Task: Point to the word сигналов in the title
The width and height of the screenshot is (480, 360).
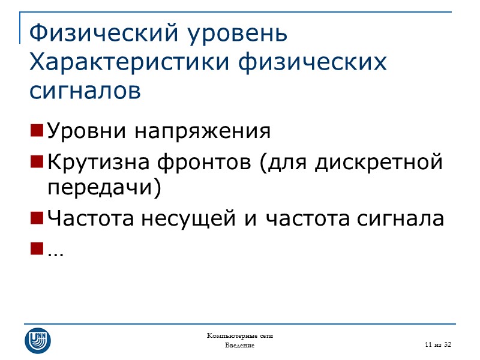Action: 85,91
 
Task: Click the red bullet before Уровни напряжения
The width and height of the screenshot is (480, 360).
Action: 36,130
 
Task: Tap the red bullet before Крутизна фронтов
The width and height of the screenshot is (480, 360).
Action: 36,161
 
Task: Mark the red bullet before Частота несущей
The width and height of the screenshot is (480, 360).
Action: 36,218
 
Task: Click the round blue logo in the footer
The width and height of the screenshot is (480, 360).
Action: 37,340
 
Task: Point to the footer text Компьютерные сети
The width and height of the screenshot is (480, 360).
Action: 240,335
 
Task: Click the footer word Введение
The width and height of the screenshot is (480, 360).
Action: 240,346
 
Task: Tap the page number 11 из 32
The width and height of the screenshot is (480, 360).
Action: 437,344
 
